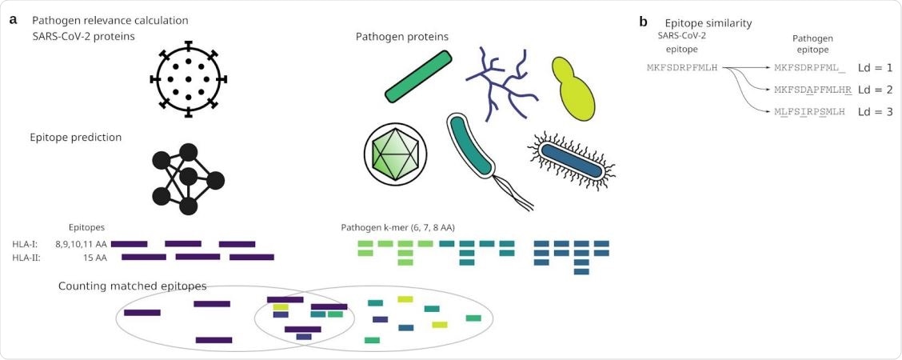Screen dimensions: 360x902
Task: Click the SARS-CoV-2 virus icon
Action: pos(189,79)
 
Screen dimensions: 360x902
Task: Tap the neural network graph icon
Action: pos(186,179)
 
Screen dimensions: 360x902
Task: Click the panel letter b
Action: pos(644,22)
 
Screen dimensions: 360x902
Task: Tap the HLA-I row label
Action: pos(26,243)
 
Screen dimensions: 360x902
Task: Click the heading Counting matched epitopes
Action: pos(132,286)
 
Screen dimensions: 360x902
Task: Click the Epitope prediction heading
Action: pos(76,137)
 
